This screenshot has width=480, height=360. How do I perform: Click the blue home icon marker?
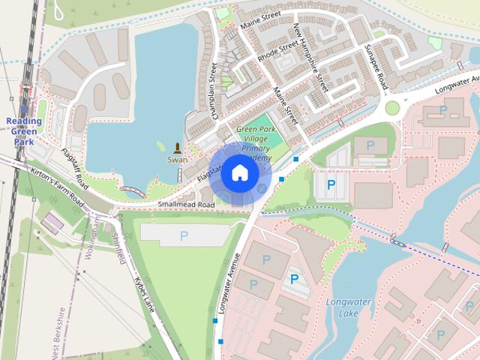pyautogui.click(x=238, y=172)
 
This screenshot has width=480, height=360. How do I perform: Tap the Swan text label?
pyautogui.click(x=178, y=160)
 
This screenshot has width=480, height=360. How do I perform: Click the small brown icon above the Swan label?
pyautogui.click(x=178, y=147)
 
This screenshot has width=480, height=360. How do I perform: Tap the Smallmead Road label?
pyautogui.click(x=186, y=205)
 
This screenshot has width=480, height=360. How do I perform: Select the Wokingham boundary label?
pyautogui.click(x=92, y=237)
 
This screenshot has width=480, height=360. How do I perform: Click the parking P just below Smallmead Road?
pyautogui.click(x=184, y=235)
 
